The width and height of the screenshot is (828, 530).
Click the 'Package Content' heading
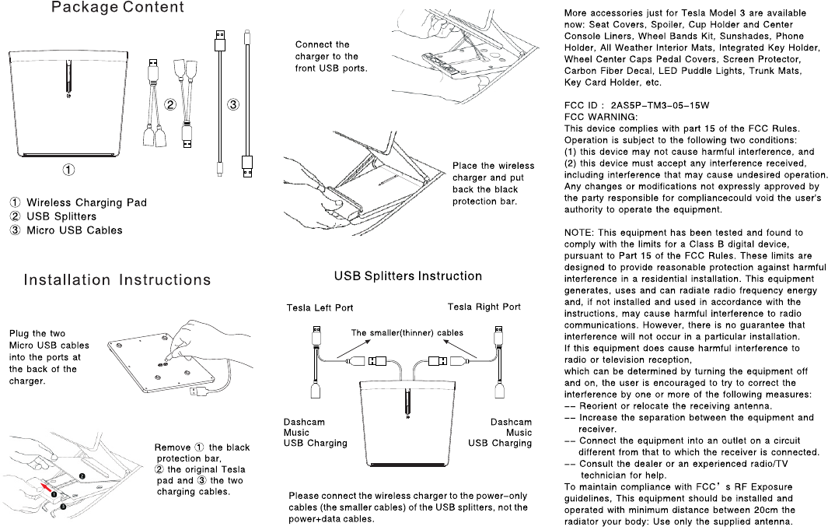117,8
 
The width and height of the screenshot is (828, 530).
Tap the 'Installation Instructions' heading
117,280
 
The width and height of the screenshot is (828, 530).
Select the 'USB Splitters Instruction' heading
407,276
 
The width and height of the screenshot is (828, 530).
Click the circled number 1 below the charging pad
69,167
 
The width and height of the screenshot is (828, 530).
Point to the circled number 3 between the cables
232,104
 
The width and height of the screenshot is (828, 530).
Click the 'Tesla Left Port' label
320,307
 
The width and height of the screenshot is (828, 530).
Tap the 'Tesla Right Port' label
484,307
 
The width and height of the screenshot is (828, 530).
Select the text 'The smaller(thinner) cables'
407,333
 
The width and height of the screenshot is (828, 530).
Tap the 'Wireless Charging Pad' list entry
86,202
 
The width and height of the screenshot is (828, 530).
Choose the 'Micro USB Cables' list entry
75,230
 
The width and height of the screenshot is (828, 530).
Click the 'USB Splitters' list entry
61,216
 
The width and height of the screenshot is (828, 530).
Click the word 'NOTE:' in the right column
578,232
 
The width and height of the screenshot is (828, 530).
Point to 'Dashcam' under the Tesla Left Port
304,422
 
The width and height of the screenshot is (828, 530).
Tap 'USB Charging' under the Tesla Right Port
500,444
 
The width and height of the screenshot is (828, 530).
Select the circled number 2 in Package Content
170,104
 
